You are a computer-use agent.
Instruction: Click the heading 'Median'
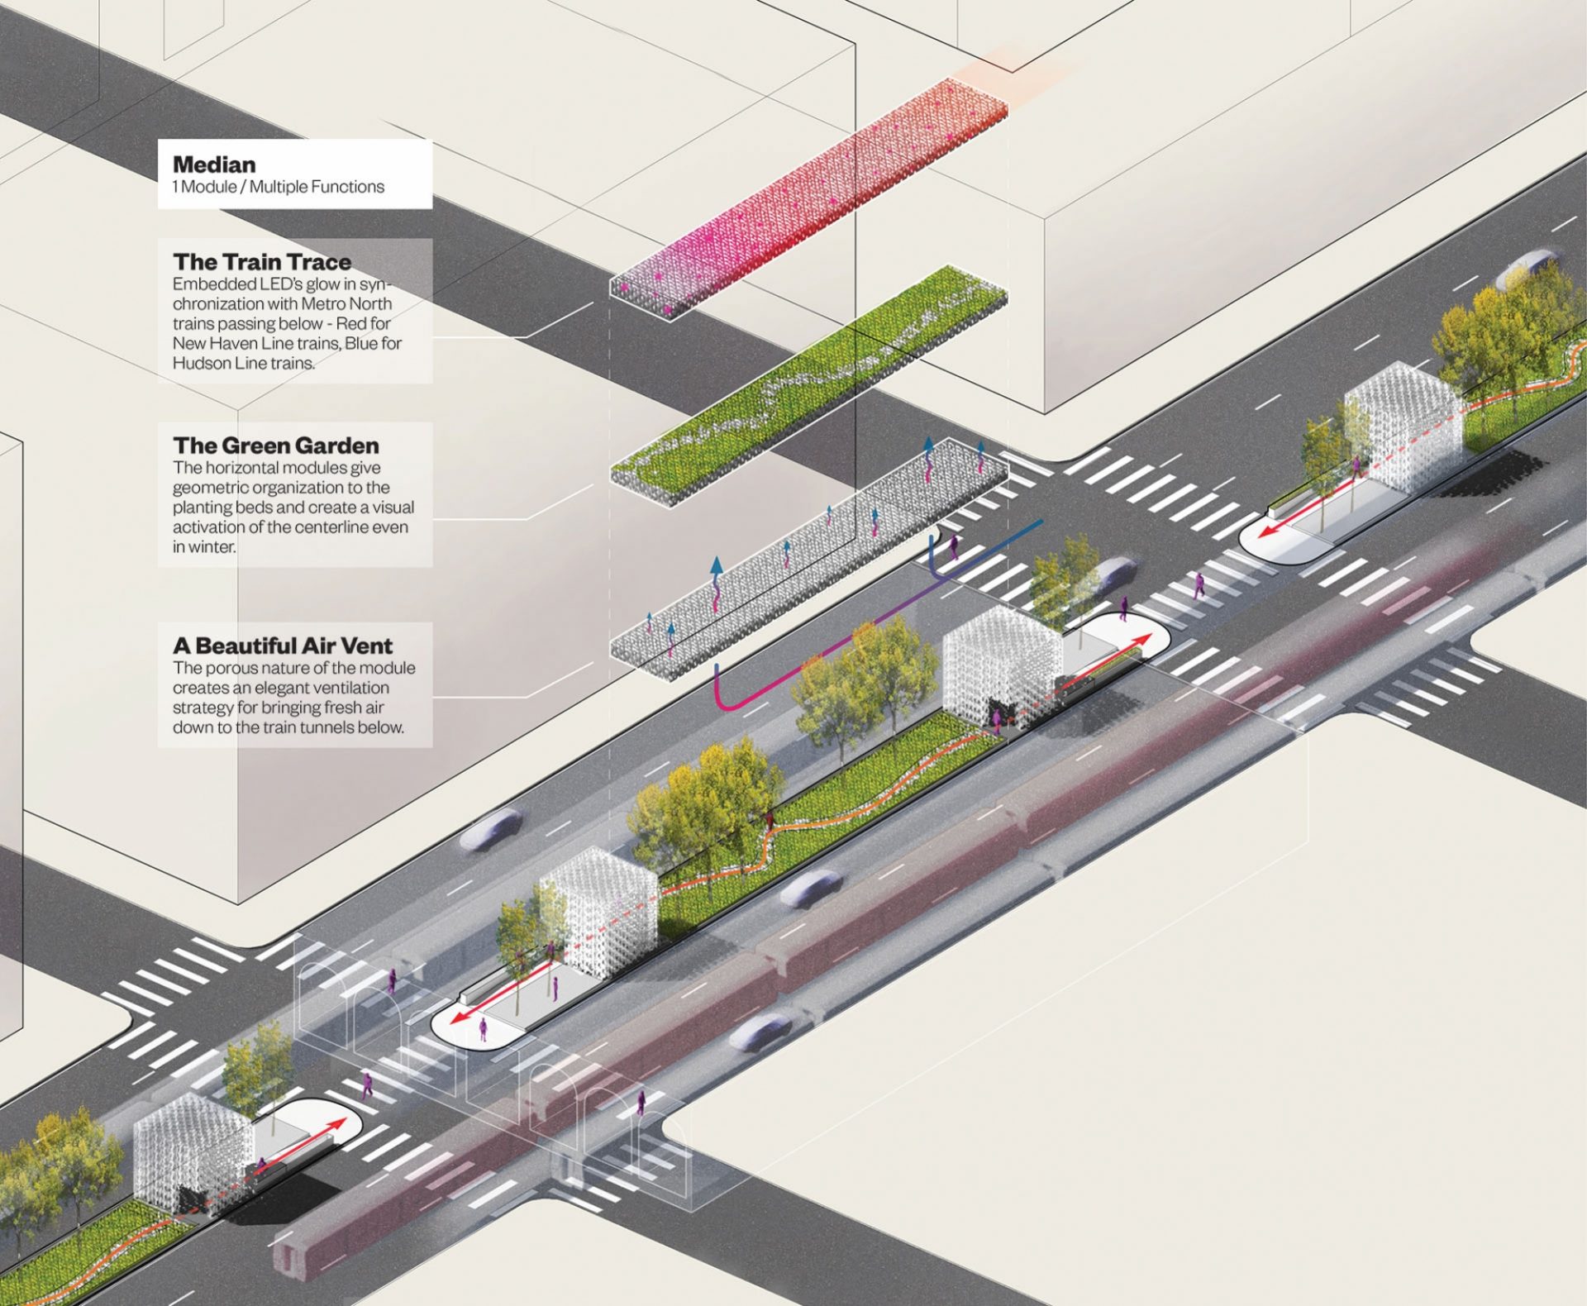[x=214, y=164]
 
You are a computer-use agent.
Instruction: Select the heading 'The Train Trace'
[x=262, y=262]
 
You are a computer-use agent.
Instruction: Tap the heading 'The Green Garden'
[x=276, y=446]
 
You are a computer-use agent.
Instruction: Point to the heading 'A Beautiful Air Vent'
[x=283, y=646]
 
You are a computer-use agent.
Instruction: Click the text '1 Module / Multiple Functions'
[x=278, y=187]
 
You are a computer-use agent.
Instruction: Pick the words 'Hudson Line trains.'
[x=243, y=363]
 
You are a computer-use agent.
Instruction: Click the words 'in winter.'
[x=204, y=546]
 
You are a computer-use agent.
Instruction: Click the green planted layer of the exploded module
[x=810, y=376]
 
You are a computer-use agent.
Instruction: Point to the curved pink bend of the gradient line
[x=727, y=703]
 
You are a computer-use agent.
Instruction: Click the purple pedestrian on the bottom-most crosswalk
[x=641, y=1103]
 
